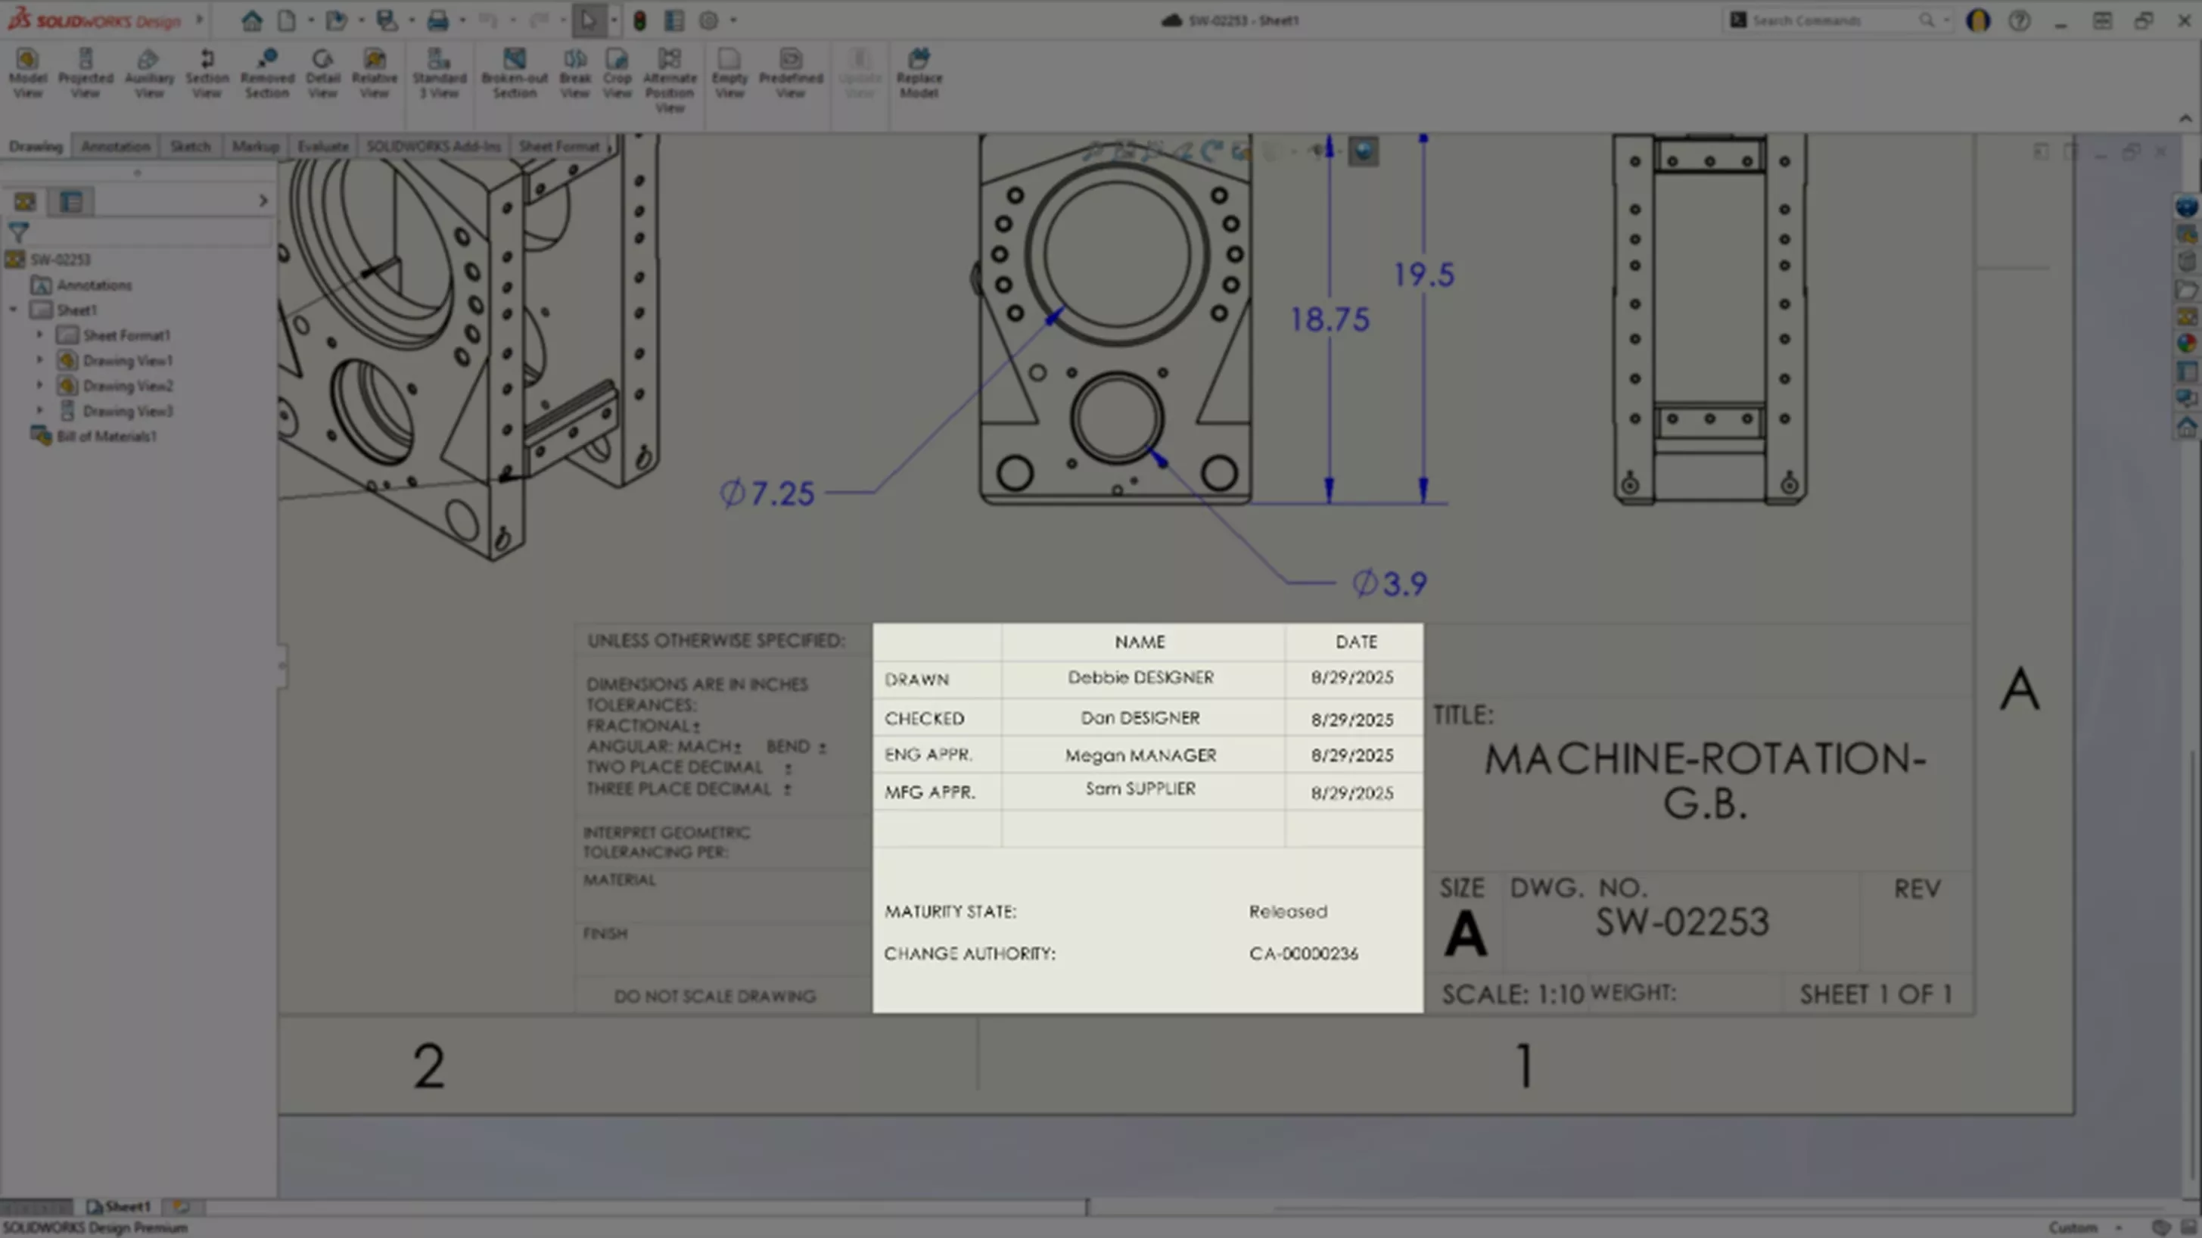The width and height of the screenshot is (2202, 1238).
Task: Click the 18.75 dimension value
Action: [x=1330, y=320]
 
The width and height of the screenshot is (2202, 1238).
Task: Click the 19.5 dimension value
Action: [x=1423, y=275]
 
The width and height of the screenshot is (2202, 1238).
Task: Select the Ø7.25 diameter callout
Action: [x=767, y=493]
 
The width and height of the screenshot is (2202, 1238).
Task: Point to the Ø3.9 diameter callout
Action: [x=1389, y=584]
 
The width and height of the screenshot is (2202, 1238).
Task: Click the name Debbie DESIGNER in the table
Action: [x=1140, y=677]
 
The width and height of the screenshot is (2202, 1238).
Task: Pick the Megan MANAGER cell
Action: [x=1140, y=755]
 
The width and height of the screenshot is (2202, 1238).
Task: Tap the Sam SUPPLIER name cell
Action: [x=1140, y=789]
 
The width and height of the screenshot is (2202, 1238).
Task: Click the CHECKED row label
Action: [x=924, y=718]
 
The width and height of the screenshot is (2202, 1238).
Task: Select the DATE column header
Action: [x=1356, y=641]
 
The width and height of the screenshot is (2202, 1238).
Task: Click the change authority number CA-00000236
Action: [x=1303, y=953]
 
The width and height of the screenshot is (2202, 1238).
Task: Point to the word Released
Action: [x=1287, y=911]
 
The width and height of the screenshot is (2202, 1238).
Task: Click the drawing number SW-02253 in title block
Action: [x=1681, y=922]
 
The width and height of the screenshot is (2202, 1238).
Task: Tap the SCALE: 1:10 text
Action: [x=1512, y=994]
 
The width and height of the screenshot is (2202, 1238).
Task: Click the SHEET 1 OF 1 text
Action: [x=1875, y=994]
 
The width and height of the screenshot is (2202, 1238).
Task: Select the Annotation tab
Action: [x=116, y=146]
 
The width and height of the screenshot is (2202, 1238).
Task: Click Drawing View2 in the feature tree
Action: [x=127, y=386]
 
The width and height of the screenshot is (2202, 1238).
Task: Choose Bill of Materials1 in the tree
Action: [x=106, y=436]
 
